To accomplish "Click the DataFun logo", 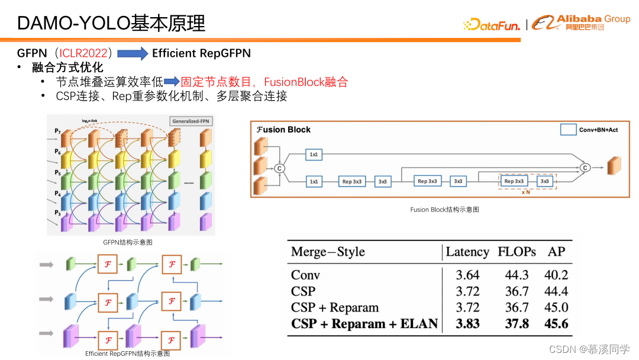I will [491, 24].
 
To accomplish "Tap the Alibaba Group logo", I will [580, 22].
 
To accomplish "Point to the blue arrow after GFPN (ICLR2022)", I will [133, 54].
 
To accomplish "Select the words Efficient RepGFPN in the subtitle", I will [201, 53].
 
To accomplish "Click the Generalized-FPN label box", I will [191, 121].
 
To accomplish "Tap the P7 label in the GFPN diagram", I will [57, 130].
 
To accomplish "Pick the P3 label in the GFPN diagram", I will [57, 213].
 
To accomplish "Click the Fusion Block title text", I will [283, 130].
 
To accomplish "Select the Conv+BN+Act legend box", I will [568, 130].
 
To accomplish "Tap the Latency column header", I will [467, 252].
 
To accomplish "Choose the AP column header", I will [556, 252].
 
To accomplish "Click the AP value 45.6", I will [556, 324].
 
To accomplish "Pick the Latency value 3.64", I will [467, 275].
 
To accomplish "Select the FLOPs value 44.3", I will [517, 275].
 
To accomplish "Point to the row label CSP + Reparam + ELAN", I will [364, 324].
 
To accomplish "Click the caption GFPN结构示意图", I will [128, 242].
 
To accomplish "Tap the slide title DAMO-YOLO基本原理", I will [111, 23].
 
